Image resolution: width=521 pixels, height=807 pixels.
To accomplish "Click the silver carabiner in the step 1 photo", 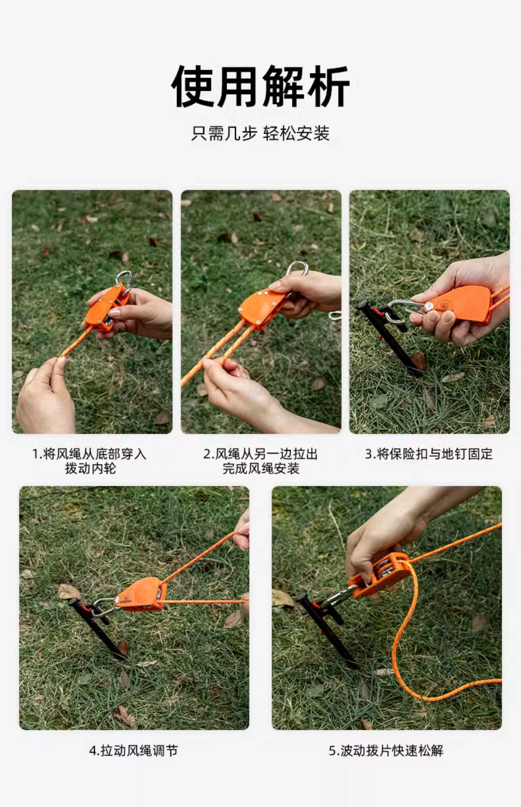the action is (x=124, y=281).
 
